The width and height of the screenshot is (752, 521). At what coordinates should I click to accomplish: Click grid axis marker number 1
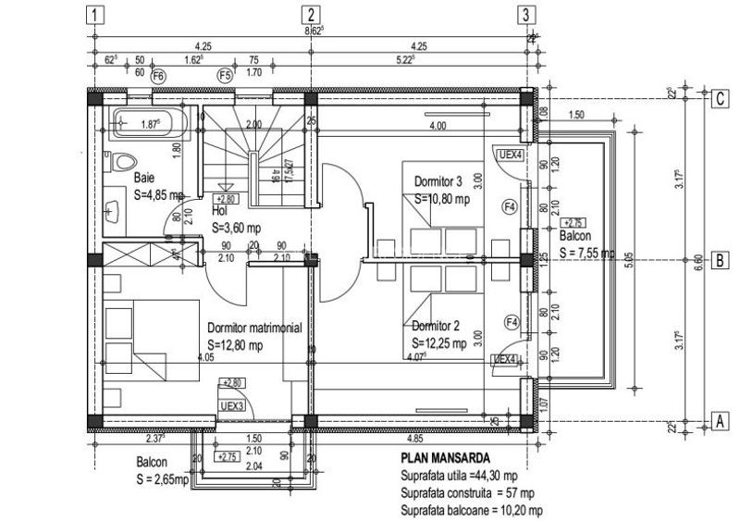[x=95, y=15]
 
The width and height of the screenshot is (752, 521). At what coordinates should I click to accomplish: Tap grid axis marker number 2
[x=311, y=15]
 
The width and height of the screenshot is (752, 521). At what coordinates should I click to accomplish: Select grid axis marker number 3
[x=525, y=15]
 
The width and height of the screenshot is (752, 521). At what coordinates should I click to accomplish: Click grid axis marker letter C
[x=718, y=99]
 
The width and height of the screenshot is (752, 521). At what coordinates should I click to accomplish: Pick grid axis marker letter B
[x=718, y=261]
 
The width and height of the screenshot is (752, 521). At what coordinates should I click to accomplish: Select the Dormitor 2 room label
[x=437, y=325]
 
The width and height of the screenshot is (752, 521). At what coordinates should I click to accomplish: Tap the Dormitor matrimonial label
[x=254, y=328]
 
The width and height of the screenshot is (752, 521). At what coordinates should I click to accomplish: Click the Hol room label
[x=219, y=210]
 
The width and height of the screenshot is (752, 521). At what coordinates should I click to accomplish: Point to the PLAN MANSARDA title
[x=446, y=457]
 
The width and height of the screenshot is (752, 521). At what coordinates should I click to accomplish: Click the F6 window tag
[x=158, y=75]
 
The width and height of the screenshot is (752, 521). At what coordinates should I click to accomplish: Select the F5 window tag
[x=224, y=75]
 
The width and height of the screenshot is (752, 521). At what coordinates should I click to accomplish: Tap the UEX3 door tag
[x=232, y=405]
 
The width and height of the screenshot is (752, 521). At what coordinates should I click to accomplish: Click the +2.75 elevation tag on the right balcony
[x=573, y=222]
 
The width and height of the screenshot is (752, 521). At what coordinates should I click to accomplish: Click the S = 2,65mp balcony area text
[x=162, y=479]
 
